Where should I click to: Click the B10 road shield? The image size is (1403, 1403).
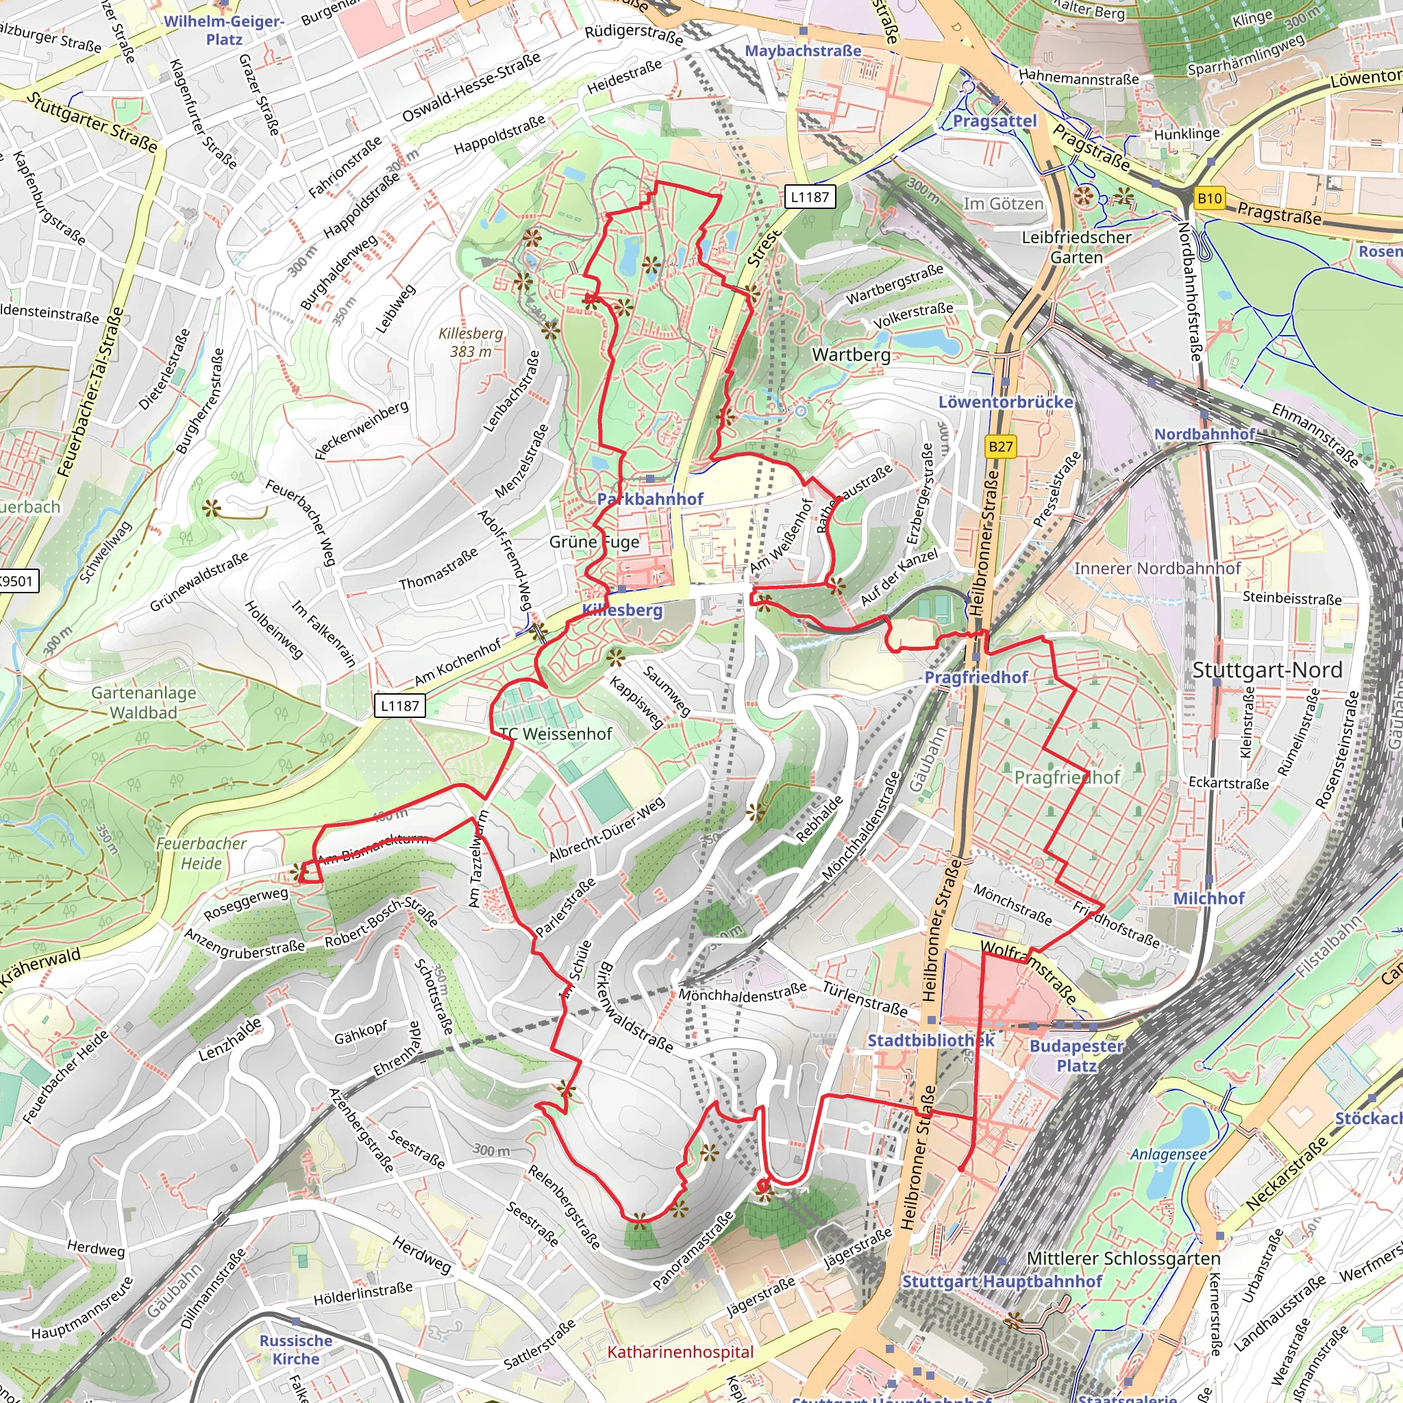pyautogui.click(x=1210, y=197)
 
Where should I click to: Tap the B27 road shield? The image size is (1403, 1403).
pyautogui.click(x=1000, y=447)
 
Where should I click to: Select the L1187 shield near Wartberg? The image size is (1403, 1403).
pyautogui.click(x=809, y=196)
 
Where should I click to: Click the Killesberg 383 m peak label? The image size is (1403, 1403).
pyautogui.click(x=471, y=342)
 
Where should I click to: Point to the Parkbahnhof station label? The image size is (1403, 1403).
pyautogui.click(x=650, y=499)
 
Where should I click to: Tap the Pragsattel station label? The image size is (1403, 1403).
pyautogui.click(x=994, y=121)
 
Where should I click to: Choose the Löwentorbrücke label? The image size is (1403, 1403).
pyautogui.click(x=1005, y=401)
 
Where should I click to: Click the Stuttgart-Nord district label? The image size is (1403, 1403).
pyautogui.click(x=1267, y=669)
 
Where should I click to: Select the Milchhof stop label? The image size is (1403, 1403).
pyautogui.click(x=1208, y=898)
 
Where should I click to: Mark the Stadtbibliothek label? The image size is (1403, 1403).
pyautogui.click(x=930, y=1040)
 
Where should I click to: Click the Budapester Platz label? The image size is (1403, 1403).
pyautogui.click(x=1076, y=1055)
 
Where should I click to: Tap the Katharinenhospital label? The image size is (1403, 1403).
pyautogui.click(x=680, y=1352)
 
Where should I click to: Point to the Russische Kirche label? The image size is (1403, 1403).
pyautogui.click(x=295, y=1350)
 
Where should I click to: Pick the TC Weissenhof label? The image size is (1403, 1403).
pyautogui.click(x=556, y=734)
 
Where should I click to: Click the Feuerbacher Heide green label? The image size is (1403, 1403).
pyautogui.click(x=201, y=854)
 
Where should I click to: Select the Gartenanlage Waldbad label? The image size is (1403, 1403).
pyautogui.click(x=143, y=702)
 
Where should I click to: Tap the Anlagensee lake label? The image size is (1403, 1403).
pyautogui.click(x=1169, y=1154)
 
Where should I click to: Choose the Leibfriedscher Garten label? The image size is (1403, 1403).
pyautogui.click(x=1076, y=247)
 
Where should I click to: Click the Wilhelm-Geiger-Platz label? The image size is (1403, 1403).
pyautogui.click(x=223, y=29)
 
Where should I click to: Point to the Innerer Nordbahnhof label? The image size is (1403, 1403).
pyautogui.click(x=1157, y=568)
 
